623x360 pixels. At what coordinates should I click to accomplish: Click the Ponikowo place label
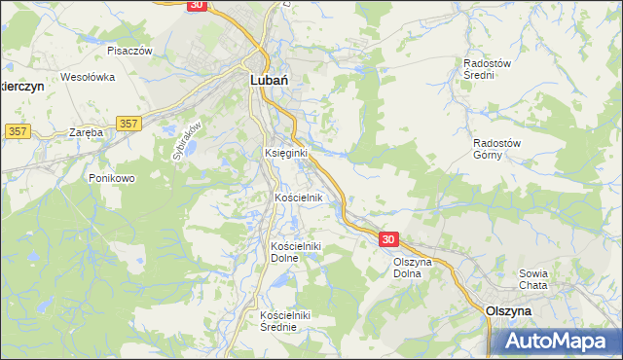coord(111,178)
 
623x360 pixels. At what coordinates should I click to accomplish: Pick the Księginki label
coord(286,154)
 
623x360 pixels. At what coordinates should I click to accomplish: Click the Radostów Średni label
coord(487,68)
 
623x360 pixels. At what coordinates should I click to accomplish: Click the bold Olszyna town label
coord(507,309)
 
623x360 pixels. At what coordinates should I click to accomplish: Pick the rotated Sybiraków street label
coord(187,139)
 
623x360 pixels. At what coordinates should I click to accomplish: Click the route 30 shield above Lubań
coord(197,5)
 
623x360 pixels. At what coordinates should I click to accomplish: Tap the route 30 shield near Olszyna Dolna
coord(389,239)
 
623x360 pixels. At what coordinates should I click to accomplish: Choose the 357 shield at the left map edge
coord(17,130)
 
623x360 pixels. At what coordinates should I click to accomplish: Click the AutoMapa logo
coord(560,341)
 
